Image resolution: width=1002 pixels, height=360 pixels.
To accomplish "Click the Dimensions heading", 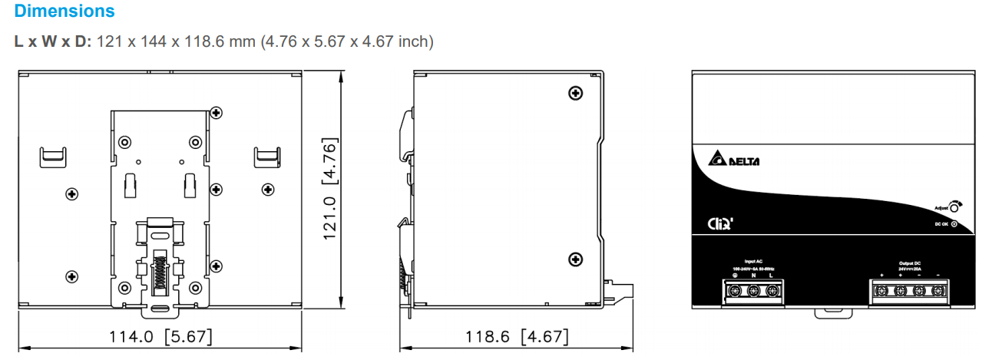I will pyautogui.click(x=64, y=12).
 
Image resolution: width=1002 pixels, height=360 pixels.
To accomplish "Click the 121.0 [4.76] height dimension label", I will pyautogui.click(x=330, y=189).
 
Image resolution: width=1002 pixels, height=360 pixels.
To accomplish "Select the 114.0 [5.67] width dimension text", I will pyautogui.click(x=161, y=336).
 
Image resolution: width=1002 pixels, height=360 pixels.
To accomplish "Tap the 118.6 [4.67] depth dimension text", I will pyautogui.click(x=517, y=336).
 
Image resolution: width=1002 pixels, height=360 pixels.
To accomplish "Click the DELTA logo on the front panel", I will pyautogui.click(x=730, y=160).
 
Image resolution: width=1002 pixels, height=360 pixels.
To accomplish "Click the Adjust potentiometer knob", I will pyautogui.click(x=954, y=206).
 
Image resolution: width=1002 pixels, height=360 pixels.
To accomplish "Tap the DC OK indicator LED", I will pyautogui.click(x=954, y=223).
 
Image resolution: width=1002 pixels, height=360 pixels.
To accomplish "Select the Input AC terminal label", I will pyautogui.click(x=753, y=262).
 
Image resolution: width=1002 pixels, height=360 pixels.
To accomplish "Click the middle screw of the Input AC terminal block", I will pyautogui.click(x=753, y=291).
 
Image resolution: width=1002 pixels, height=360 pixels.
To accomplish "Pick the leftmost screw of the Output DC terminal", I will pyautogui.click(x=883, y=291).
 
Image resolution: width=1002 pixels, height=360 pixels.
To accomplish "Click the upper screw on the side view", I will pyautogui.click(x=574, y=94).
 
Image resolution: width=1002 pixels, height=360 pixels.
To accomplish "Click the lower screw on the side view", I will pyautogui.click(x=574, y=259).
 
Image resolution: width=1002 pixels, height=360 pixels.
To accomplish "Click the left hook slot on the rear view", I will pyautogui.click(x=53, y=156).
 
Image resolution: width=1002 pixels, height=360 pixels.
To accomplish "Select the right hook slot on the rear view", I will pyautogui.click(x=266, y=156).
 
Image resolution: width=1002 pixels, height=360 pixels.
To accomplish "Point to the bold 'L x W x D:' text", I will pyautogui.click(x=52, y=41).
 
